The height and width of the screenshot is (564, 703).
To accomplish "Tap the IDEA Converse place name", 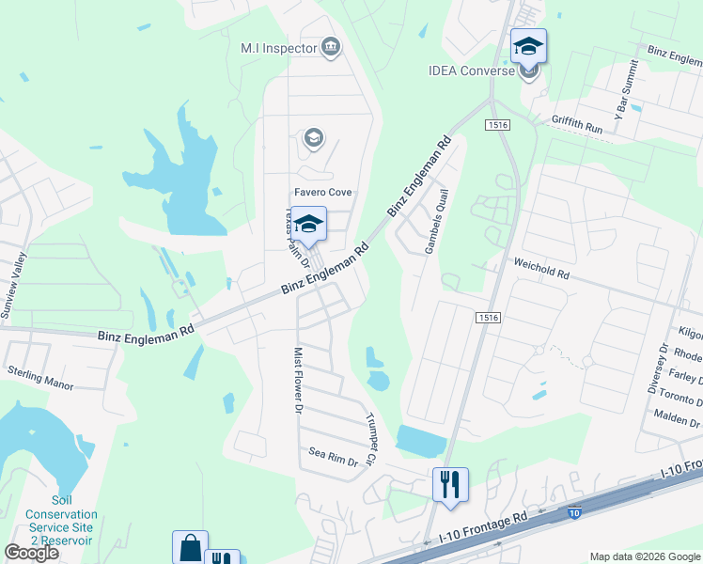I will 471,70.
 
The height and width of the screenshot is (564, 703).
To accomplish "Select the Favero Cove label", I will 321,193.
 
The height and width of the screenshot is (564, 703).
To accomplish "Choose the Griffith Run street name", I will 576,123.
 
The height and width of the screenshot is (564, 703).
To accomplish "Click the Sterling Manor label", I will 39,378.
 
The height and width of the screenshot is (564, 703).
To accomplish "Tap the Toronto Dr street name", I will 681,395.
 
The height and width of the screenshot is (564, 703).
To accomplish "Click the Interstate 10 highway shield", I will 573,513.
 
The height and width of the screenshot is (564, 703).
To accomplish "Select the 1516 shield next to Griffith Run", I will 497,125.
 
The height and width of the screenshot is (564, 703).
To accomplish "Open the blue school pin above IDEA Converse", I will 528,46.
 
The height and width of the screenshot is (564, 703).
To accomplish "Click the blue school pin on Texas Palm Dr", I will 308,224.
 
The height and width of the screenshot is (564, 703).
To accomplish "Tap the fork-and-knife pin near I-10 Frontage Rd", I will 450,484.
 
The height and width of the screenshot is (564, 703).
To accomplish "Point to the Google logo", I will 31,552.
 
